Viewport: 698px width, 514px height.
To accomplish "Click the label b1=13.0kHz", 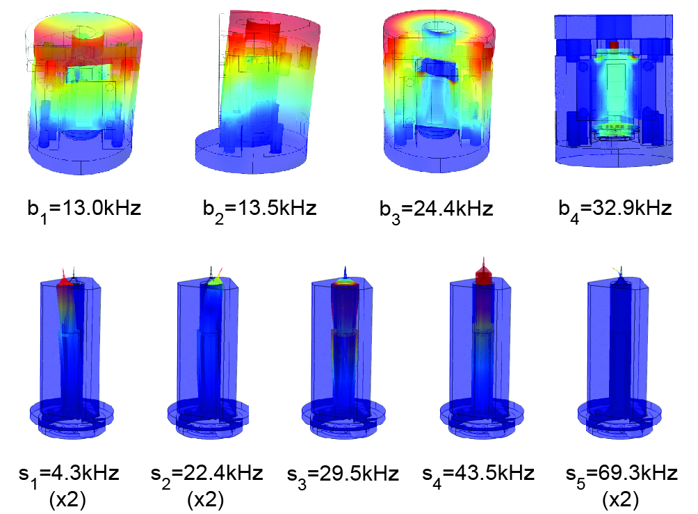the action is pos(85,209).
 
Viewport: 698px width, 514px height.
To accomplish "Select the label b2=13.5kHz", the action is pos(260,209).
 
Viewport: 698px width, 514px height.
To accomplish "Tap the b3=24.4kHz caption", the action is pos(437,209).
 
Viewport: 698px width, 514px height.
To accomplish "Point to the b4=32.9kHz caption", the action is pos(615,209).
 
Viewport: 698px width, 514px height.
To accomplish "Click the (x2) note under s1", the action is pos(67,501).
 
